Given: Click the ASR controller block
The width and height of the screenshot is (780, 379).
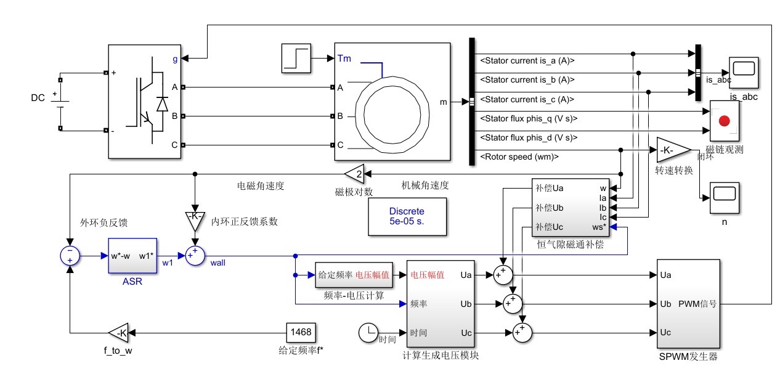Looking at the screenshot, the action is [132, 256].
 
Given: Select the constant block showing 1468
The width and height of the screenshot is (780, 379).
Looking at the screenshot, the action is [301, 332].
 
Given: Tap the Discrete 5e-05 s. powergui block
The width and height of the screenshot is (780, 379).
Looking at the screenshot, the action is [407, 217].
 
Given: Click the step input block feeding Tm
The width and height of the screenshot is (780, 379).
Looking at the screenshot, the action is [296, 58].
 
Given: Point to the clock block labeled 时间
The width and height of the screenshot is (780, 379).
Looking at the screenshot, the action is [368, 333].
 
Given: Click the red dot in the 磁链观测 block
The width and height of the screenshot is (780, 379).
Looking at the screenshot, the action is [725, 121].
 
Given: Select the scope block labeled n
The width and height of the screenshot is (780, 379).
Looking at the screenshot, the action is [725, 198].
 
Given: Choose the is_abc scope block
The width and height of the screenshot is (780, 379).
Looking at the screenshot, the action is [744, 73].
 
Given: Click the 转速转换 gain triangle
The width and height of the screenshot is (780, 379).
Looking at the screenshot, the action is [673, 150].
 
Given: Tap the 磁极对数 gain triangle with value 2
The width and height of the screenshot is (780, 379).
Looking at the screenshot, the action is [355, 174].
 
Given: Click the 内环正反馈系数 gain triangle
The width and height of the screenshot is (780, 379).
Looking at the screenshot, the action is [195, 221].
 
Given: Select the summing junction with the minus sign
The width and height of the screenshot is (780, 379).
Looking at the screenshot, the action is [70, 256].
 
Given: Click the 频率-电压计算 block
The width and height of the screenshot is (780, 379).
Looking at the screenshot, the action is [354, 275].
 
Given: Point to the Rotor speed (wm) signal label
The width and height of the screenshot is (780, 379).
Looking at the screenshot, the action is [519, 157].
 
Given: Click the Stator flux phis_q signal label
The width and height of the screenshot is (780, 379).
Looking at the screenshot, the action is [529, 118].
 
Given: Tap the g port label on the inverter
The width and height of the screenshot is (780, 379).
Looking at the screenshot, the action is [175, 59].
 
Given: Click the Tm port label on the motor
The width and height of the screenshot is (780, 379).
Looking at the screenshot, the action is [344, 58].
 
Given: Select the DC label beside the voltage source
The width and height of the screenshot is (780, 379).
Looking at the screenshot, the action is [38, 98].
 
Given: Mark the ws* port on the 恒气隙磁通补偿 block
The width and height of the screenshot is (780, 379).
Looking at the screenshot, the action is [599, 227].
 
